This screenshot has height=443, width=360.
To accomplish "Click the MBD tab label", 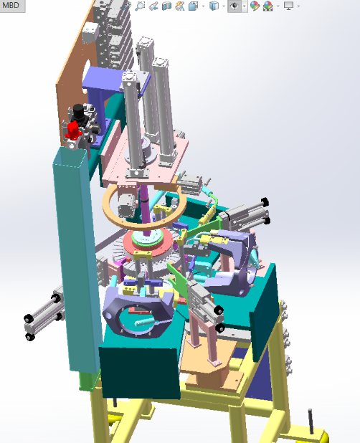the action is click(11, 5).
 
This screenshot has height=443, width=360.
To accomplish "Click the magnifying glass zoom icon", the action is click(140, 6).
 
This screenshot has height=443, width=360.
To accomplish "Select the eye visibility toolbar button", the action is click(235, 6).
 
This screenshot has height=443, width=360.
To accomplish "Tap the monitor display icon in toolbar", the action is click(288, 6).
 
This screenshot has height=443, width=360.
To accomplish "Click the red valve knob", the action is click(73, 130).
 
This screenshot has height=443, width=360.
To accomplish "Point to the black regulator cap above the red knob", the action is click(78, 110).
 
